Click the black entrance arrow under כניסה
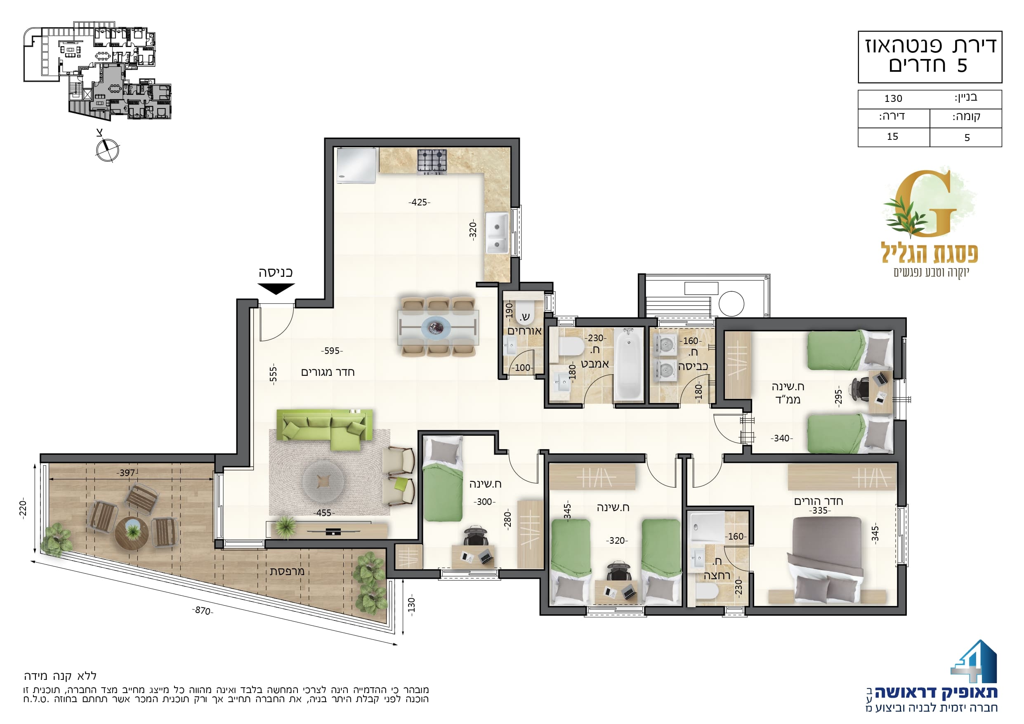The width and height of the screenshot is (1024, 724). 276,289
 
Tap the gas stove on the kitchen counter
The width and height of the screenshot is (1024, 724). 432,161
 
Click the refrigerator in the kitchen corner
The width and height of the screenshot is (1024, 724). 356,165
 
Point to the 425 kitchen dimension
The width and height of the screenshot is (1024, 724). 419,203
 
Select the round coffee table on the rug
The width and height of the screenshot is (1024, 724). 323,481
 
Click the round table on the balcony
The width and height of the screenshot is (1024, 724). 132,533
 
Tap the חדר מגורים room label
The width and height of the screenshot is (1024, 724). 328,372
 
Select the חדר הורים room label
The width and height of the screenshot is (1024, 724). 819,501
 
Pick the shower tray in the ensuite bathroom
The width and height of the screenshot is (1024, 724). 706,527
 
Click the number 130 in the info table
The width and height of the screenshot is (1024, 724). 893,99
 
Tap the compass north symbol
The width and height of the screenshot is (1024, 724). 107,149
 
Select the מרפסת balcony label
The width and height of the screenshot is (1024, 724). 287,571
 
